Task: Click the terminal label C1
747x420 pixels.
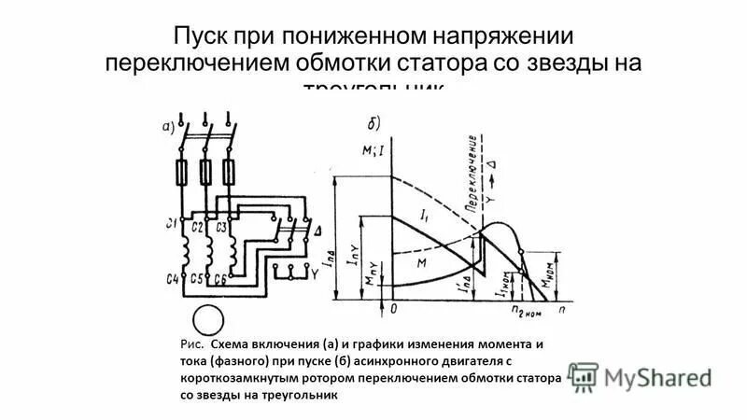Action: click(x=170, y=224)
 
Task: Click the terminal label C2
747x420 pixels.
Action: click(x=198, y=226)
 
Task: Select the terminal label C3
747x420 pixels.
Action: click(x=222, y=226)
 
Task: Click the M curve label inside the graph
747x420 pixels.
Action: click(x=421, y=263)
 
